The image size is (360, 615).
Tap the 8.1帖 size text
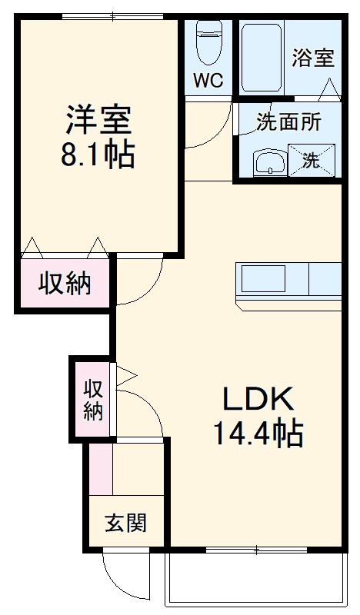click(x=98, y=155)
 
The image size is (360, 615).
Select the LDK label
click(x=258, y=399)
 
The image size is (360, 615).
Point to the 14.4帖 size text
click(x=258, y=435)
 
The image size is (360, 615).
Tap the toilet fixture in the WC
click(x=208, y=42)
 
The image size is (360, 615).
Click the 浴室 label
click(x=314, y=58)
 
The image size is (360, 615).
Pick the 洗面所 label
click(x=288, y=121)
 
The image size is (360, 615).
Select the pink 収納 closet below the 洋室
click(x=65, y=284)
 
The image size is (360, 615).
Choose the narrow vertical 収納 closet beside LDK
click(x=93, y=400)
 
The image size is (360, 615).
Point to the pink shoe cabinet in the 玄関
click(x=100, y=469)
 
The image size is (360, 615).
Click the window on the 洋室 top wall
click(x=112, y=16)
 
